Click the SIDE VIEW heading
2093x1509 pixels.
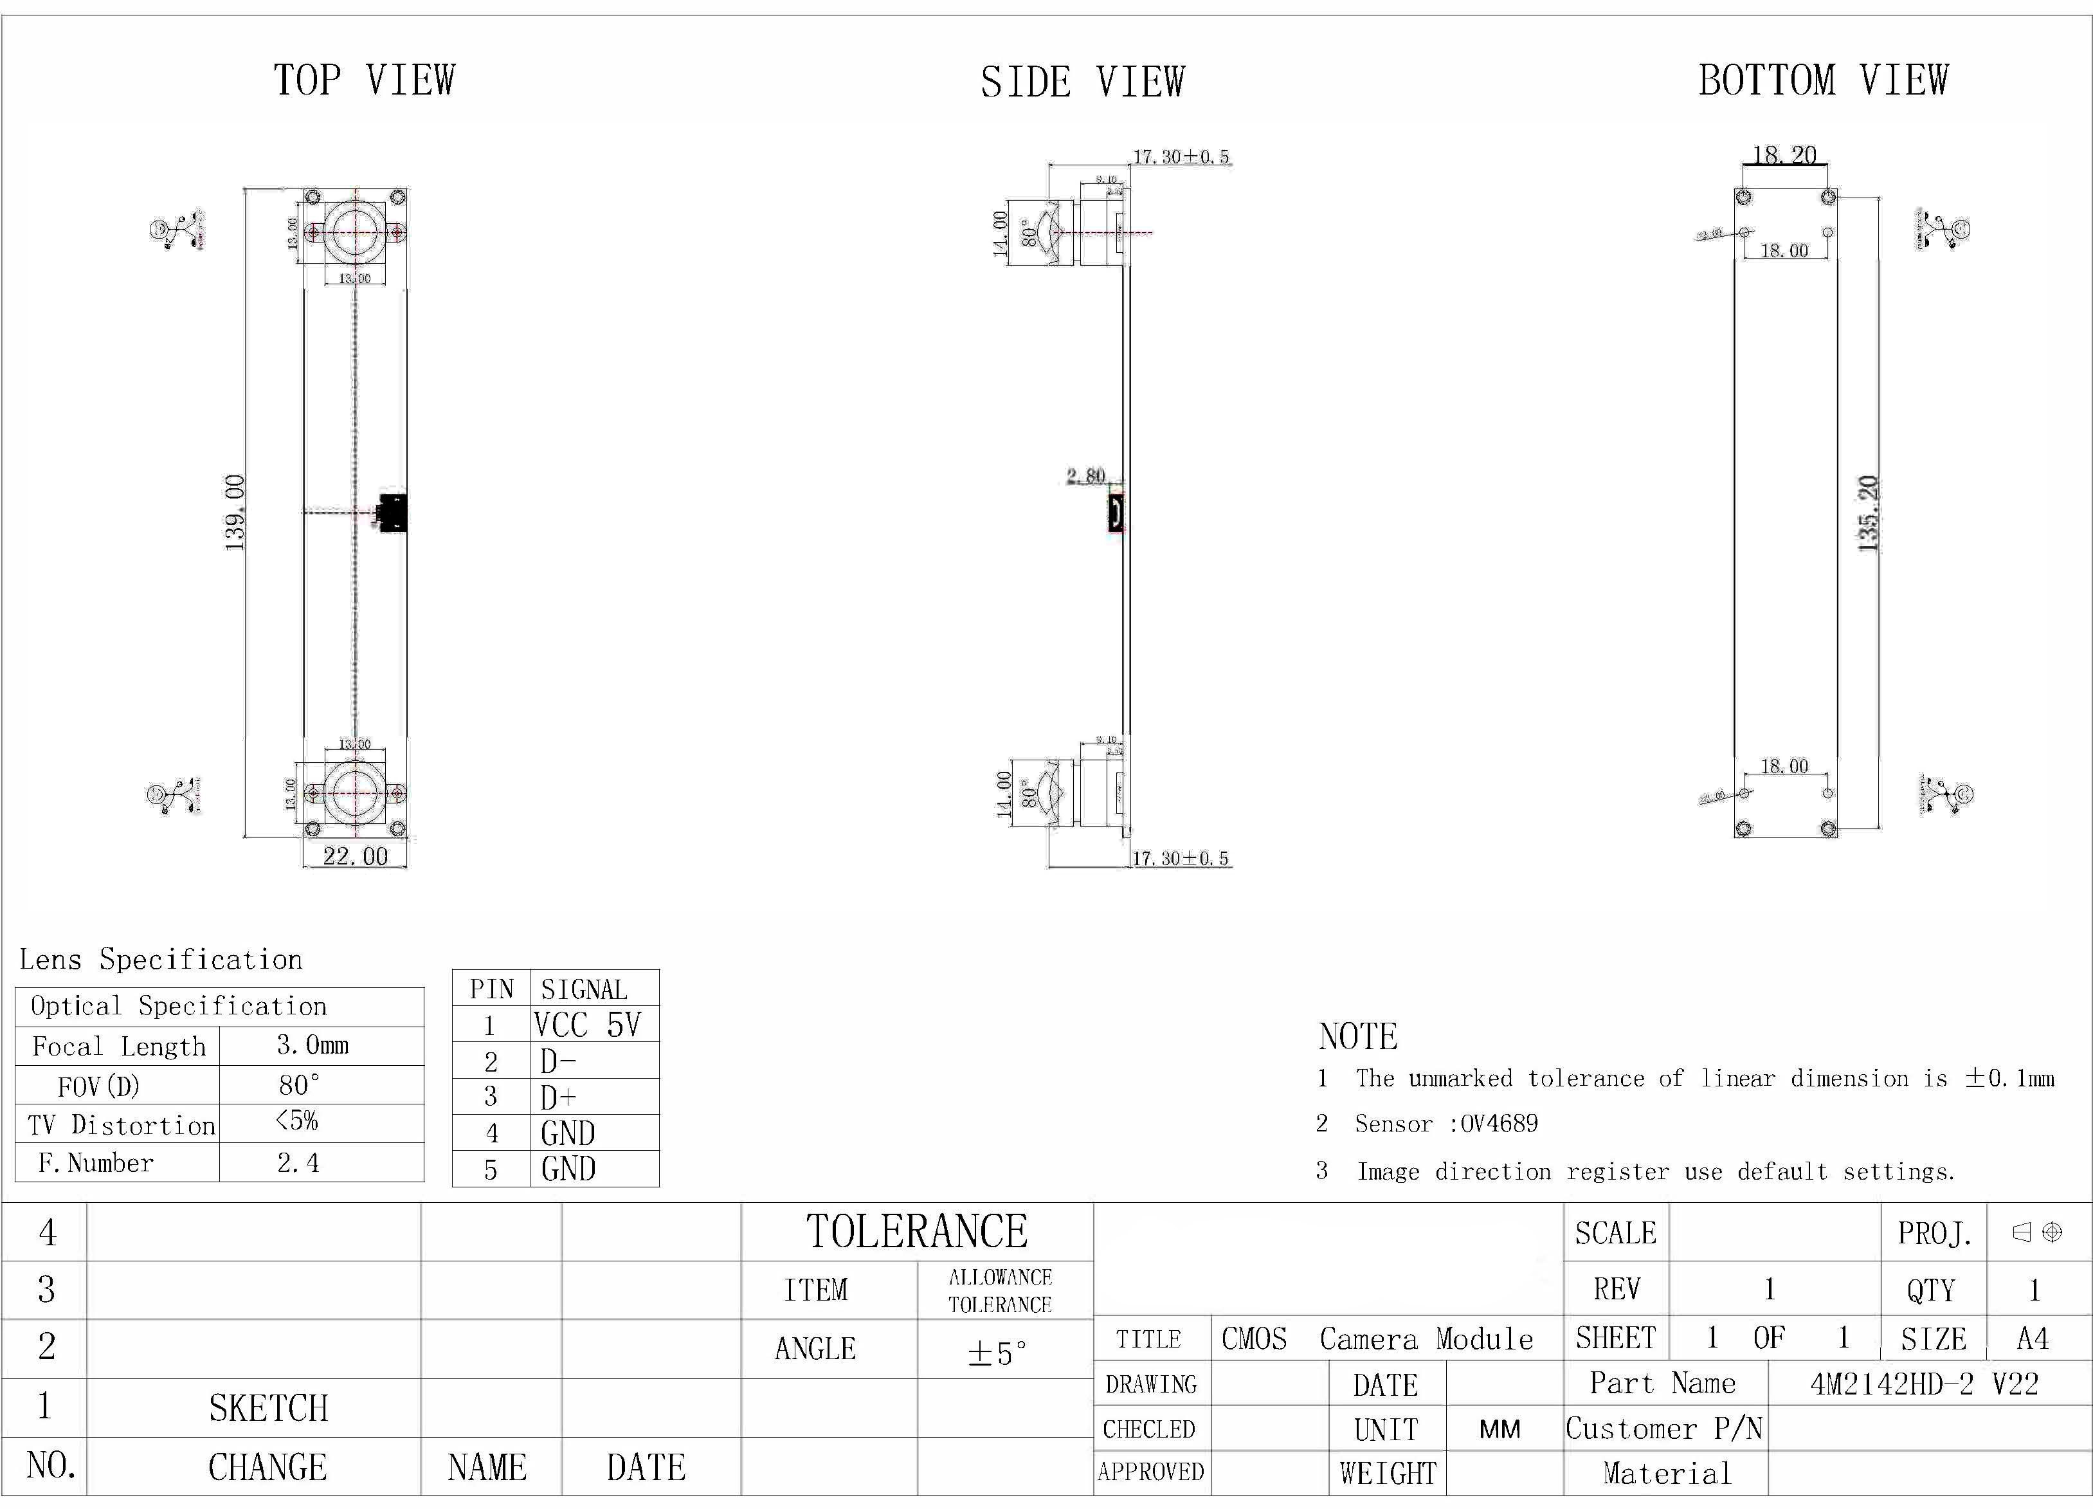1082,82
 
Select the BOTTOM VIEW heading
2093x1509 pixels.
1824,80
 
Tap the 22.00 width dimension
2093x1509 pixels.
356,857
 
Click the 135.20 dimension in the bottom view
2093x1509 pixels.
1868,513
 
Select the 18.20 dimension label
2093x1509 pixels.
1784,154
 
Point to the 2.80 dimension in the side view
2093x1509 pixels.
1086,476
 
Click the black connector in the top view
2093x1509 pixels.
393,512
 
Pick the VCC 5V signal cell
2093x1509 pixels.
587,1025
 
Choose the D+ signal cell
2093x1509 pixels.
559,1097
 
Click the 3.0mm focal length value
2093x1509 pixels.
313,1046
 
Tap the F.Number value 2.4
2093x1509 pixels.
298,1163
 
